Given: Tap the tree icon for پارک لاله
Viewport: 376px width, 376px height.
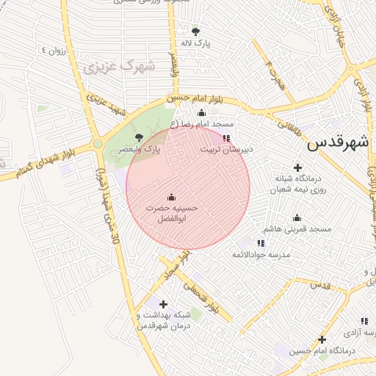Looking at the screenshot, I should coord(195,32).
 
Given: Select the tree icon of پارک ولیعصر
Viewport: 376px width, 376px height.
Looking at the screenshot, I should coord(140,137).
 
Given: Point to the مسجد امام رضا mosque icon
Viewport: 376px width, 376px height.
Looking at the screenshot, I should coord(201,112).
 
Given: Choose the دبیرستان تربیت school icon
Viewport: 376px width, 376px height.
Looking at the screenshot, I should coord(226,137).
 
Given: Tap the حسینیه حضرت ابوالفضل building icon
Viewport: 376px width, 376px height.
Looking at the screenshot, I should coord(172,197).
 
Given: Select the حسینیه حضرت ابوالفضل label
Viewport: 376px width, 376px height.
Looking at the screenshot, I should coord(172,214).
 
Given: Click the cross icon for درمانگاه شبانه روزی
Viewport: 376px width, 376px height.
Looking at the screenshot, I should coord(297,167).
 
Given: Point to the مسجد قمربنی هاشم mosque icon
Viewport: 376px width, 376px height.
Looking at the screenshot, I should coord(297,217).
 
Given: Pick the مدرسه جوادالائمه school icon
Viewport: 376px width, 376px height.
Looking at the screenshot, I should coord(261,243).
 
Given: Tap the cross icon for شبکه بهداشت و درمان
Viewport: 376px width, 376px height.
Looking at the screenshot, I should coord(163,304).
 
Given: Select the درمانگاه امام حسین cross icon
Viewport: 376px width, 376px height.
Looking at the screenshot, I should coord(322,339).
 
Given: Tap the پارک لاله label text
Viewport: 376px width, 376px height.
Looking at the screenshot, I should coord(196,43).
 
